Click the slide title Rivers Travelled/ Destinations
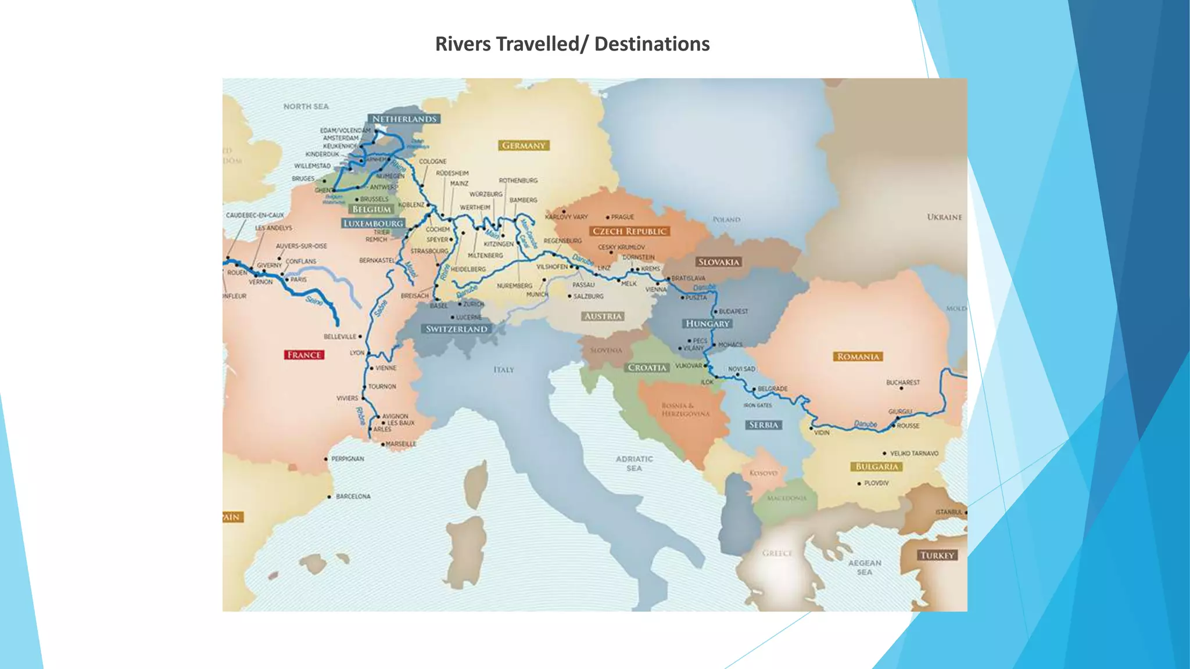pyautogui.click(x=572, y=44)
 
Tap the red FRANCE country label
pyautogui.click(x=304, y=355)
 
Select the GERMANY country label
pyautogui.click(x=524, y=146)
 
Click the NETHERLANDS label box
pyautogui.click(x=404, y=119)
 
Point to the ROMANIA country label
pyautogui.click(x=858, y=357)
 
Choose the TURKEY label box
pyautogui.click(x=937, y=555)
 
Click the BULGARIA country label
pyautogui.click(x=877, y=467)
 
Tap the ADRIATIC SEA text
pyautogui.click(x=634, y=463)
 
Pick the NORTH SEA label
pyautogui.click(x=306, y=107)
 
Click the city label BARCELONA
pyautogui.click(x=353, y=497)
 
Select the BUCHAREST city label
pyautogui.click(x=903, y=383)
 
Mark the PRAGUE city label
pyautogui.click(x=622, y=217)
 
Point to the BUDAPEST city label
pyautogui.click(x=733, y=311)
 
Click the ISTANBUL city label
pyautogui.click(x=949, y=512)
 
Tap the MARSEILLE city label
pyautogui.click(x=401, y=444)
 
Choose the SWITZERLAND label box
pyautogui.click(x=456, y=329)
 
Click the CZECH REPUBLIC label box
pyautogui.click(x=629, y=231)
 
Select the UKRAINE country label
pyautogui.click(x=944, y=217)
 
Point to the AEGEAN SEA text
pyautogui.click(x=865, y=567)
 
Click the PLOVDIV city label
pyautogui.click(x=876, y=483)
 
